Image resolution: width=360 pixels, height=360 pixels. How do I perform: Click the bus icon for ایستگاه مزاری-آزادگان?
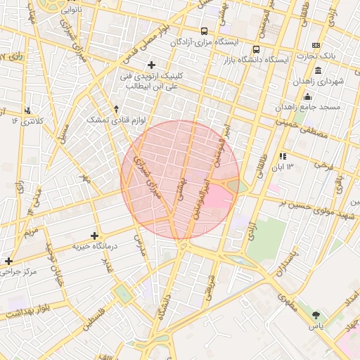pyautogui.click(x=204, y=31)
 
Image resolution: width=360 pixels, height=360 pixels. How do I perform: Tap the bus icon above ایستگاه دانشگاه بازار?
pyautogui.click(x=256, y=50)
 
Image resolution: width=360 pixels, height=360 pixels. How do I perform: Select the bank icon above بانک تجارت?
pyautogui.click(x=316, y=46)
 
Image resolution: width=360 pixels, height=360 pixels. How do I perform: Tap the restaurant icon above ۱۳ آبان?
pyautogui.click(x=283, y=156)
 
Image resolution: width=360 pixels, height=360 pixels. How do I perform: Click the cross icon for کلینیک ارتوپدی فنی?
pyautogui.click(x=151, y=65)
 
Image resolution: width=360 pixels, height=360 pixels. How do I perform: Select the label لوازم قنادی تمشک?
pyautogui.click(x=116, y=120)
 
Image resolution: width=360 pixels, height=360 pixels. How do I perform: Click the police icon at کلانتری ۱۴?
pyautogui.click(x=27, y=110)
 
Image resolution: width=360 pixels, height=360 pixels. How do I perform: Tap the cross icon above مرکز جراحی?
pyautogui.click(x=8, y=261)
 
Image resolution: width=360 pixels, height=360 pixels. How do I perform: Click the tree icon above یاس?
pyautogui.click(x=316, y=315)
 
